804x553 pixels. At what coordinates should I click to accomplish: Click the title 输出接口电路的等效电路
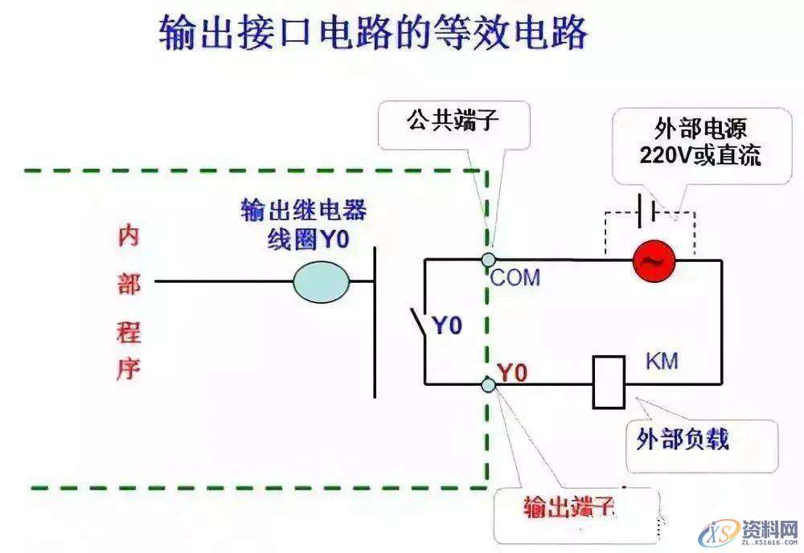374,35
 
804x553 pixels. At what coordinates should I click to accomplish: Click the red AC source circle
653,260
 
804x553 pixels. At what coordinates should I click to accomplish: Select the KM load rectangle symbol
609,382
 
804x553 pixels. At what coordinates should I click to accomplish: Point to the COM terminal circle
488,260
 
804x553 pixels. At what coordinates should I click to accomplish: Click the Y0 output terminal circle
488,384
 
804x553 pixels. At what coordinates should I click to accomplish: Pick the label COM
515,278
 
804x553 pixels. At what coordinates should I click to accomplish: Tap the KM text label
662,361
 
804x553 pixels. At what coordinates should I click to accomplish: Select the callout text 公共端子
453,122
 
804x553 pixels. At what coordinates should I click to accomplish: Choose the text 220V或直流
700,155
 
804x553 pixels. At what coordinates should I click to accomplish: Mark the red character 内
129,236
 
